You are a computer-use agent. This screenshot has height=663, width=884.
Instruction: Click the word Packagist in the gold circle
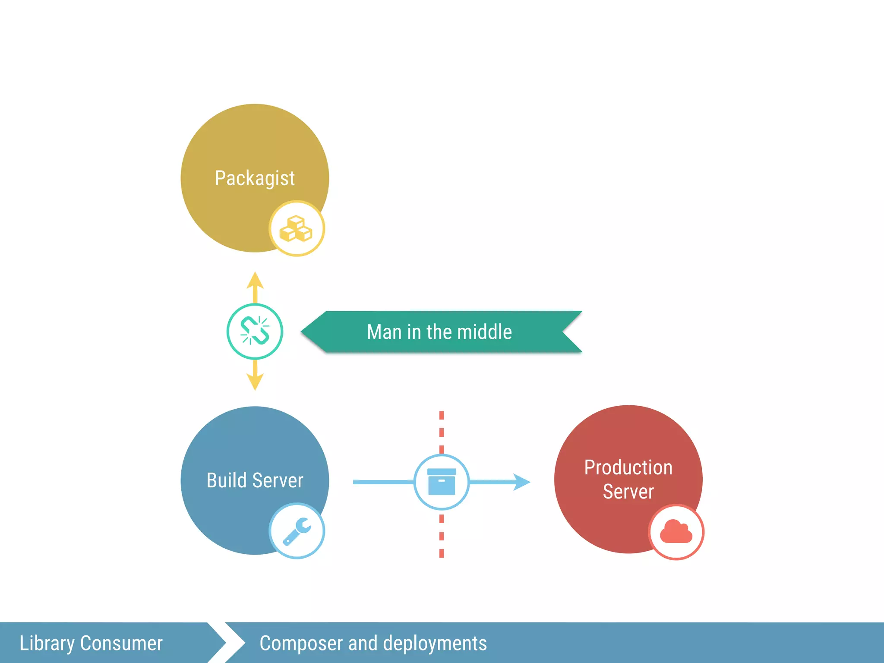255,178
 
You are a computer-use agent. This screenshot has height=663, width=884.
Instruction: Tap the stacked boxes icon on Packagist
297,229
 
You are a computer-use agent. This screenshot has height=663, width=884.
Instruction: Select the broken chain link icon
255,331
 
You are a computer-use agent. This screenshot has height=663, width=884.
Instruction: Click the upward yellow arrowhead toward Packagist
255,281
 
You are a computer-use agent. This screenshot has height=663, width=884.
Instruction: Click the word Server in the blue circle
278,480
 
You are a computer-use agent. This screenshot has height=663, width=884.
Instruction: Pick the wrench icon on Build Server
297,531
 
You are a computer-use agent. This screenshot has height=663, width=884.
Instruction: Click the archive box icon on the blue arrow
441,482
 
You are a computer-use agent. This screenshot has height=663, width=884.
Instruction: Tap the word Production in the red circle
628,467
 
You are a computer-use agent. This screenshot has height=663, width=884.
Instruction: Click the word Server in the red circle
628,492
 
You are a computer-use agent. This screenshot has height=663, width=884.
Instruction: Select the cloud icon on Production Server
676,532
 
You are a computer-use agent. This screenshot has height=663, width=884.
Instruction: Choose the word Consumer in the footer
121,643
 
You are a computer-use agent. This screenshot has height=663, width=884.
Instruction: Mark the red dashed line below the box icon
441,535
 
